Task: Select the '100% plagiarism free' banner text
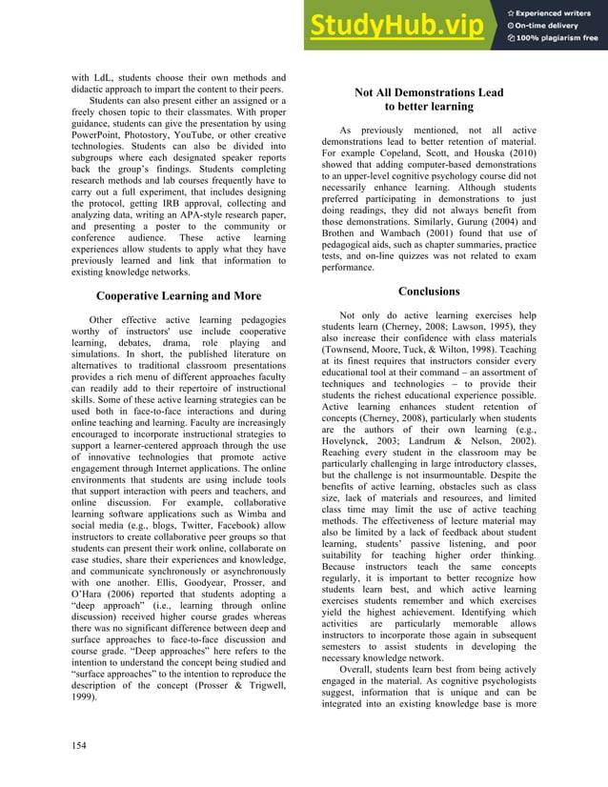coord(557,38)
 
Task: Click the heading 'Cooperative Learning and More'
coord(178,296)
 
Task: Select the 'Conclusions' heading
coord(429,291)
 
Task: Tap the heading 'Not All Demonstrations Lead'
coord(429,92)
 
